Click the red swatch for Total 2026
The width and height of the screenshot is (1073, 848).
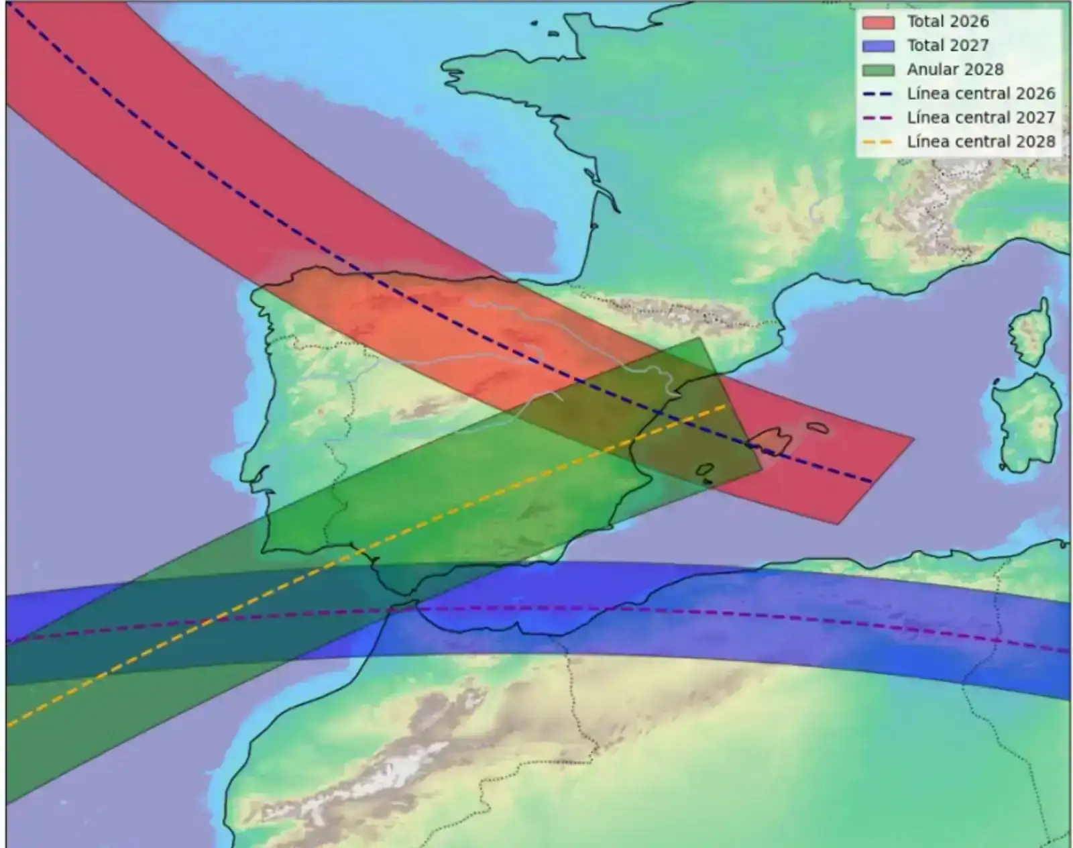878,22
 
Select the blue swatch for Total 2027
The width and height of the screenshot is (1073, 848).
878,46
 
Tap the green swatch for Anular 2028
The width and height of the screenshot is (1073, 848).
878,70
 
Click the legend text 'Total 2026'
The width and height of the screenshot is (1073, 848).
948,21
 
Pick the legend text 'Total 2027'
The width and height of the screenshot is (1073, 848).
948,46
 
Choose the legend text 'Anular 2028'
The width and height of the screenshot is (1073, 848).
955,70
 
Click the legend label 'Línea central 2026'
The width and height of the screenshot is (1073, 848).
980,94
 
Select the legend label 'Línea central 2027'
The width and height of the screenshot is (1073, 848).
980,118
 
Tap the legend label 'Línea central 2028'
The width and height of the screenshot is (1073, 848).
980,142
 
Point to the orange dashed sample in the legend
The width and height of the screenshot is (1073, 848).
878,142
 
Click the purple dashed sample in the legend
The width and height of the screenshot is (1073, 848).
878,118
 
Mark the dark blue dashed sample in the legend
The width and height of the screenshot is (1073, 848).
878,94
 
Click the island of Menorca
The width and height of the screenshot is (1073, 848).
817,427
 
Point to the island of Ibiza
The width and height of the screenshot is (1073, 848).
705,470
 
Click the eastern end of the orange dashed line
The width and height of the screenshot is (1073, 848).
726,406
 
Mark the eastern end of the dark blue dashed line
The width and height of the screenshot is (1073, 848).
871,481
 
